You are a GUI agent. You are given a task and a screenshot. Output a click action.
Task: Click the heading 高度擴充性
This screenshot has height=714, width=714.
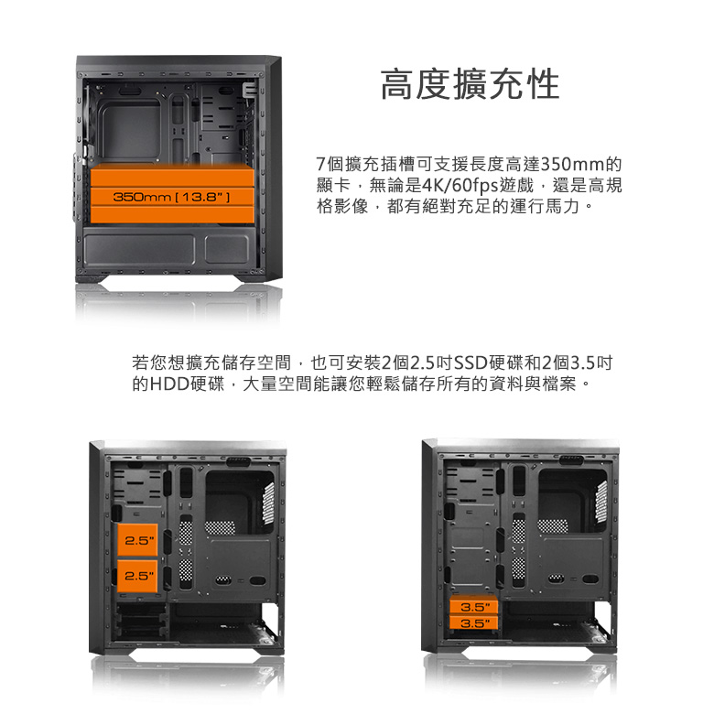coord(470,84)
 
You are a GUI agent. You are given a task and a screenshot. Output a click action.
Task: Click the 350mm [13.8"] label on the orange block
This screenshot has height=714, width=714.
coord(172,197)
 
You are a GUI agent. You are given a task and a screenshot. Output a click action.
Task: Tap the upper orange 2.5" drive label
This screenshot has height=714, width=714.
coord(140,541)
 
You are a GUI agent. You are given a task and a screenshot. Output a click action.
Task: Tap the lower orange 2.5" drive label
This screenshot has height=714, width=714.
coord(140,576)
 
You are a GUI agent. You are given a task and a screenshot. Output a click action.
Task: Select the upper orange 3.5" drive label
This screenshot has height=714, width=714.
coord(476,607)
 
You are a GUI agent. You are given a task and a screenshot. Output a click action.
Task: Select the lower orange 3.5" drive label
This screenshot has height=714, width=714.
coord(476,623)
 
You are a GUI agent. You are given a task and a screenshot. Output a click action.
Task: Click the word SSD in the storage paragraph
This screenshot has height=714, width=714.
coord(471,362)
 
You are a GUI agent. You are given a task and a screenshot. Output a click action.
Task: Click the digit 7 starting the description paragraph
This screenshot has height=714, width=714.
coord(321,164)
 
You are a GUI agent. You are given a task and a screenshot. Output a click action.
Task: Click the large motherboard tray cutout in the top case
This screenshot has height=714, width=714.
coord(129,130)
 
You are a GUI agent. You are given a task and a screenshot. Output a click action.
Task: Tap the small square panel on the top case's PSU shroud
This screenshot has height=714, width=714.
coord(227,249)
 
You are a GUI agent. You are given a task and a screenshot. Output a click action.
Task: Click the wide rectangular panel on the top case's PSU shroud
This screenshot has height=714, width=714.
coord(139,250)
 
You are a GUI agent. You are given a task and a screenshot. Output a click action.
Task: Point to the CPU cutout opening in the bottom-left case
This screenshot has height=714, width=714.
coord(238,499)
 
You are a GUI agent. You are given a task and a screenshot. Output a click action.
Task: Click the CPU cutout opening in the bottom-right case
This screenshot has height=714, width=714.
coord(571,499)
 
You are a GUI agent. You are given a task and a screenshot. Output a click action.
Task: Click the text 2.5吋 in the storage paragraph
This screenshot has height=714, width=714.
coord(430,362)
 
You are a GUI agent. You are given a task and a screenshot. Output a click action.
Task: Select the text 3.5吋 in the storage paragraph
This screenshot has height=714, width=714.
coord(591,362)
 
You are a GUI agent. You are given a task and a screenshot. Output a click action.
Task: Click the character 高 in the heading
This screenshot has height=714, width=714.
coord(397,84)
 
